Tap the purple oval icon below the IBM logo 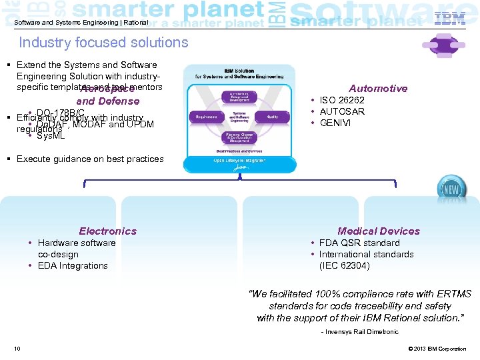coord(443,45)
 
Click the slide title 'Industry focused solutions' coord(103,43)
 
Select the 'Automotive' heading coord(378,89)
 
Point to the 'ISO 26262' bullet coord(342,100)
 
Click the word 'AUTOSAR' coord(342,111)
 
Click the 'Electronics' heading coord(107,231)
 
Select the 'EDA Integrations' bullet coord(73,265)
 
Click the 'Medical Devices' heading coord(379,231)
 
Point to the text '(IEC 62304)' coord(345,265)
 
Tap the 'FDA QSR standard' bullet coord(359,243)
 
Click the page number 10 coord(17,349)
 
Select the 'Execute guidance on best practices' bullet coord(90,159)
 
